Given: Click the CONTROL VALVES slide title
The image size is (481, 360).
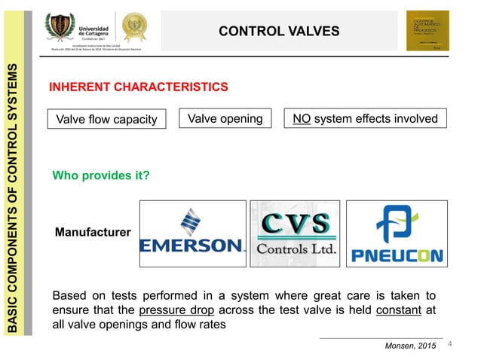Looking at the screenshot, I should point(279,31).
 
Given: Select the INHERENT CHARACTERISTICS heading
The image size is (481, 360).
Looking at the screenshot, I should point(138,87).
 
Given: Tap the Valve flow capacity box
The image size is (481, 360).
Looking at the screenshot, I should point(107,119).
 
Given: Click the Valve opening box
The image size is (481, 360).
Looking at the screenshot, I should point(225,119).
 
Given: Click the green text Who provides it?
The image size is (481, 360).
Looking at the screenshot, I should point(100,175).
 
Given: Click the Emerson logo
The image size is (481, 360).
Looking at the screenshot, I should point(192,233).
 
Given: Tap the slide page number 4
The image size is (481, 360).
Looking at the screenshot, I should point(450,344).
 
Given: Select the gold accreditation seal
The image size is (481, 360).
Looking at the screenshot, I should point(135,27).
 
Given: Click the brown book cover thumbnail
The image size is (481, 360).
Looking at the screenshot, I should point(427,31).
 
